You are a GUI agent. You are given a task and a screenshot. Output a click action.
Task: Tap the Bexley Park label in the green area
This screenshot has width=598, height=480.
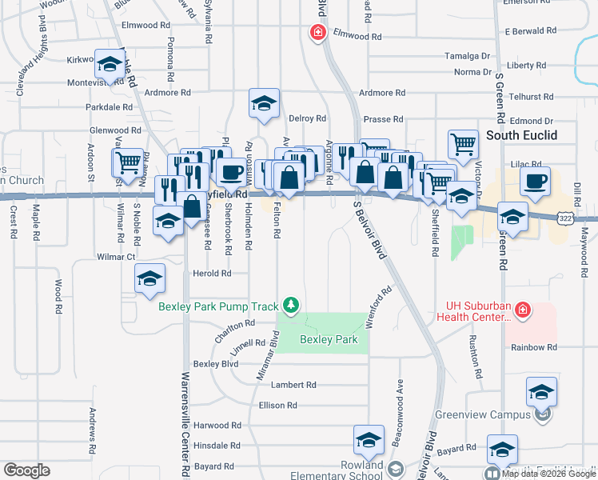click(329, 339)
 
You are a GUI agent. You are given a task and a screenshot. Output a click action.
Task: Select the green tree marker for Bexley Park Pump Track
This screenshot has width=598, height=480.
click(292, 306)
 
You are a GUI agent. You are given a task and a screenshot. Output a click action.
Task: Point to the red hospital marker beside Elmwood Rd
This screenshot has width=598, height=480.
click(317, 33)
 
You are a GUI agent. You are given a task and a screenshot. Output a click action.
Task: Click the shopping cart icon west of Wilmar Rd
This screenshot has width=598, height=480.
click(128, 162)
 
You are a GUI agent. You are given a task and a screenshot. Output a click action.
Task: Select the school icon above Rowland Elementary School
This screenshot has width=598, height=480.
click(369, 439)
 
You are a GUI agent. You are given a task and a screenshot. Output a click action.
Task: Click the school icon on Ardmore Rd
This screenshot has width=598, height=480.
click(264, 102)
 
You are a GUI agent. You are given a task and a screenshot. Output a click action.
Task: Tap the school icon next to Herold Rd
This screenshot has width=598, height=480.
click(149, 278)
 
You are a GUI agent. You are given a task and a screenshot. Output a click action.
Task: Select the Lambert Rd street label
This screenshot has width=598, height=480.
click(288, 385)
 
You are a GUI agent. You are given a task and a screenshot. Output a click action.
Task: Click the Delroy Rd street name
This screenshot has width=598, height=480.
click(307, 118)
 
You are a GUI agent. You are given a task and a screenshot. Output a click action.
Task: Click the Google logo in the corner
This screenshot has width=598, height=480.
click(26, 470)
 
